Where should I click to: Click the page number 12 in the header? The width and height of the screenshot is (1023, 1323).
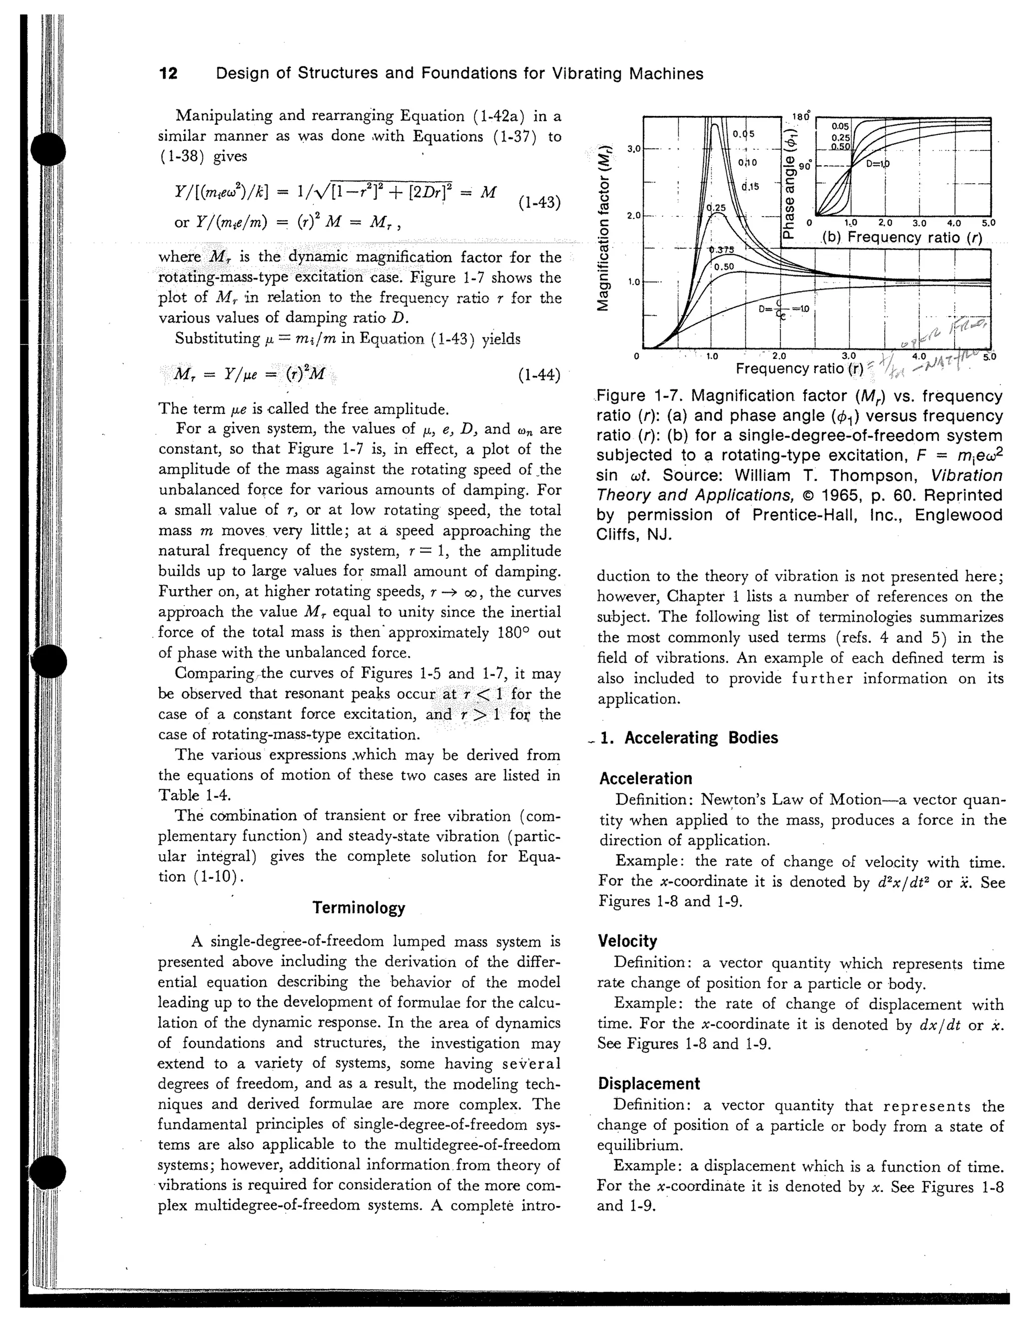168,74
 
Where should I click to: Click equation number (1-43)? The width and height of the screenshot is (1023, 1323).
539,202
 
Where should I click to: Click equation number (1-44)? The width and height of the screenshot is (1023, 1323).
539,375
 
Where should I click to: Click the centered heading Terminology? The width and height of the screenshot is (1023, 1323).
359,908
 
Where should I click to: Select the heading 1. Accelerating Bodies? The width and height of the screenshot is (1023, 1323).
689,738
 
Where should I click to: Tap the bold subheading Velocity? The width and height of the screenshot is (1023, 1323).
627,941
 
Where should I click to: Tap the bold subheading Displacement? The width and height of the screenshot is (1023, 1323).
648,1083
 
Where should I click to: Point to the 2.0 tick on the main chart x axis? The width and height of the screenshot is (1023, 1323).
780,356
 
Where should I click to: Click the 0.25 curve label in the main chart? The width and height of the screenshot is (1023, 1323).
716,208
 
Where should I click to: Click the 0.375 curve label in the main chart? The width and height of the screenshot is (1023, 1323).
722,250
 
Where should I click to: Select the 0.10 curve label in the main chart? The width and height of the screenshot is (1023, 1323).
748,162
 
